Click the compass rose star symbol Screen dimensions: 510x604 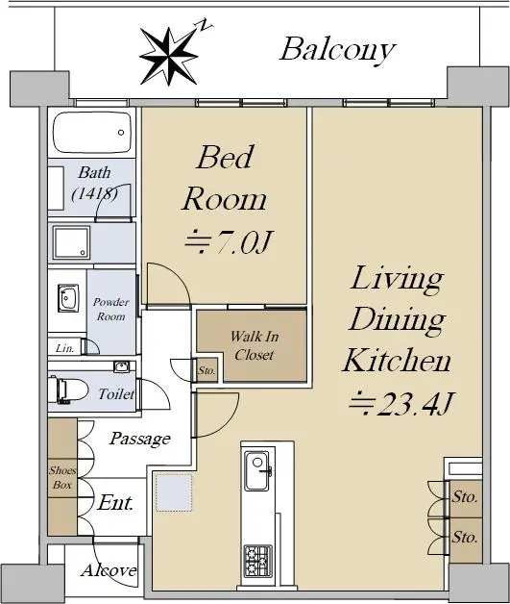click(168, 56)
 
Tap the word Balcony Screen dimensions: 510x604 click(337, 50)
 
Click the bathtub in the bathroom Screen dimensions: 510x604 click(92, 133)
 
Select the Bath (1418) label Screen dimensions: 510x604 click(95, 183)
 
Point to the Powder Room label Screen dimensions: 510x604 click(110, 309)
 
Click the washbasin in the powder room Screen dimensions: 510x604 click(68, 298)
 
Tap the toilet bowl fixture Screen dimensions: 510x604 click(67, 390)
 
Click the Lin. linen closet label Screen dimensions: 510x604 click(64, 348)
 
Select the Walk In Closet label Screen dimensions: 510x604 click(255, 345)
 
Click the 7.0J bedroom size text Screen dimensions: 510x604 click(229, 242)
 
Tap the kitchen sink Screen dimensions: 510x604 click(257, 471)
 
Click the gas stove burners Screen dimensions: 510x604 click(258, 561)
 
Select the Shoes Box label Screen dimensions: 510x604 click(62, 477)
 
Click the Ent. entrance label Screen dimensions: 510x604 click(115, 502)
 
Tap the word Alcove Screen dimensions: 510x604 click(109, 569)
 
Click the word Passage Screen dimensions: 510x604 click(139, 439)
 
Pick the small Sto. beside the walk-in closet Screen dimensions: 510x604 click(206, 370)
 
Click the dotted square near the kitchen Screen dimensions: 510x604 click(174, 493)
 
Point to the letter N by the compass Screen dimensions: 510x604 click(206, 25)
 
